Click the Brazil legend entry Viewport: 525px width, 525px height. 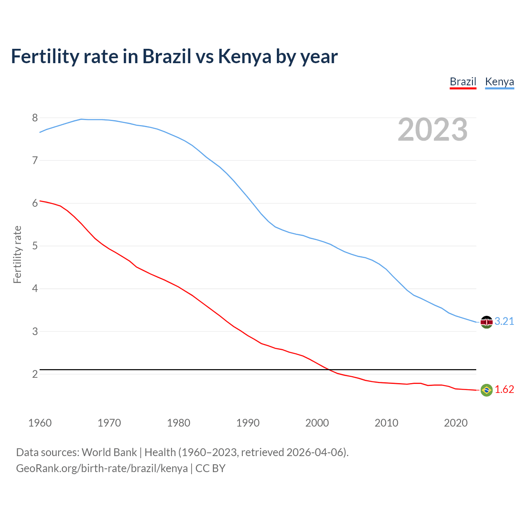point(463,82)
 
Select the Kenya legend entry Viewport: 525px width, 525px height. point(499,82)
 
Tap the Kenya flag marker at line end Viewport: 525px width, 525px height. point(486,322)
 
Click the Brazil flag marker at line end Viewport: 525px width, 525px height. point(486,390)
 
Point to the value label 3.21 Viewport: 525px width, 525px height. point(504,321)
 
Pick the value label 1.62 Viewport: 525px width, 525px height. point(504,389)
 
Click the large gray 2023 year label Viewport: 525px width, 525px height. point(432,130)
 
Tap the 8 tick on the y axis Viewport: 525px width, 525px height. point(35,118)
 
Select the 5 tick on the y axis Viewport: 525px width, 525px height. point(35,246)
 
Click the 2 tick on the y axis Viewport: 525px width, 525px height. point(35,374)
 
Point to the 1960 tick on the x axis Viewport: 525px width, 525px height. point(40,423)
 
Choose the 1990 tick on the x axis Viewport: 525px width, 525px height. point(248,423)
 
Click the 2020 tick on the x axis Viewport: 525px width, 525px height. point(456,423)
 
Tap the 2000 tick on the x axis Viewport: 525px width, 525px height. point(317,423)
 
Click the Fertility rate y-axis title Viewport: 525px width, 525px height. point(17,254)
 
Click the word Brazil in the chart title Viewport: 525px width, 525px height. point(167,56)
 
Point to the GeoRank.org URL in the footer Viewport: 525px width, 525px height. point(102,468)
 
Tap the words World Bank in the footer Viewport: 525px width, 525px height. point(109,452)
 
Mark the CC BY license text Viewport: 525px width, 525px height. point(210,468)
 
